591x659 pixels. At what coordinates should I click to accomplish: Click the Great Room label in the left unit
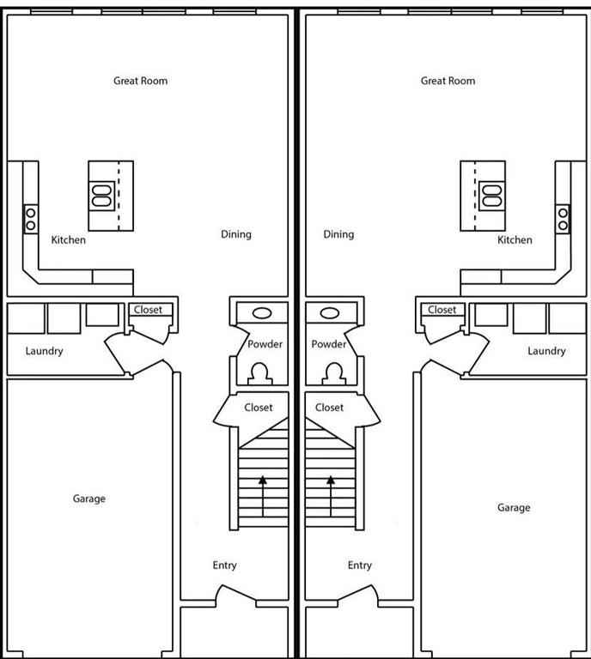141,81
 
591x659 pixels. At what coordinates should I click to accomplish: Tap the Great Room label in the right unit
448,81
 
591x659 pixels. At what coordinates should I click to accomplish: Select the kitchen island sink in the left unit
101,196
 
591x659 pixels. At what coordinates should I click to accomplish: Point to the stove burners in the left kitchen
30,219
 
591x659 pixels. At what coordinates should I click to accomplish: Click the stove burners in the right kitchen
564,219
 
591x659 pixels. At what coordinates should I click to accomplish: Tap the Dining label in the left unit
236,234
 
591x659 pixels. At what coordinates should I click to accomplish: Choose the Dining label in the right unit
338,234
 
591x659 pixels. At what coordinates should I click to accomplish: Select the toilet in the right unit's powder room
330,372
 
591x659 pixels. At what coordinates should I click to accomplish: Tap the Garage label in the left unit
89,499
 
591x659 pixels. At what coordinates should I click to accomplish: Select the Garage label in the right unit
514,507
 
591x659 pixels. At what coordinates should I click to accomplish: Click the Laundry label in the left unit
45,351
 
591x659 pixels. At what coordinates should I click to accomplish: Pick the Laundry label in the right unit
546,351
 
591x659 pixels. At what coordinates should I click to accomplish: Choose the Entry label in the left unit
225,565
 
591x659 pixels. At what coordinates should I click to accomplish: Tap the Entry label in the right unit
360,565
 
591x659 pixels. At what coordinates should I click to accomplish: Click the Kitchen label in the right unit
515,240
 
